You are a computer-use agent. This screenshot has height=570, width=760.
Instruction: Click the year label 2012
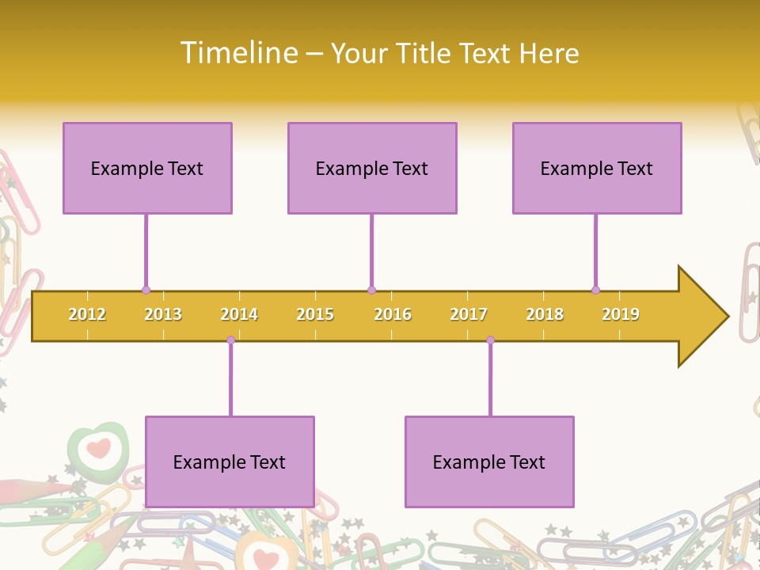87,314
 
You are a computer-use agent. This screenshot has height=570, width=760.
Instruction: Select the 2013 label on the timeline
163,314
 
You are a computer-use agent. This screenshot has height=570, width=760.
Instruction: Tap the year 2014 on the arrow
239,314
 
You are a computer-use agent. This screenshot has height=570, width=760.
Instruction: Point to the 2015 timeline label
315,314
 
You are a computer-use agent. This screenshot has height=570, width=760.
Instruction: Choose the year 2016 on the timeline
393,314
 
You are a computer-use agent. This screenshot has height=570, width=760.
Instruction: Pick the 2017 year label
469,314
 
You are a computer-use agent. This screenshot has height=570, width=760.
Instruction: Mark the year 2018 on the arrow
545,314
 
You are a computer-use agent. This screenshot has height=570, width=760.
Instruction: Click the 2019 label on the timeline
621,314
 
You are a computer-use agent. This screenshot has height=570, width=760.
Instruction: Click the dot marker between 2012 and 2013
146,290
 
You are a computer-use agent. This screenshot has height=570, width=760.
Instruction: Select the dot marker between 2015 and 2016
371,290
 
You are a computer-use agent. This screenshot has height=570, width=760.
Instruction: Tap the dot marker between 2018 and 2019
595,290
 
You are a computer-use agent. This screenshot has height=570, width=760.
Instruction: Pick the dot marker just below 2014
230,340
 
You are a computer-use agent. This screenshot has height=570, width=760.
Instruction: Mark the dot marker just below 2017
490,340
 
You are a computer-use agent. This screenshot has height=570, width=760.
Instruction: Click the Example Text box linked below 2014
230,462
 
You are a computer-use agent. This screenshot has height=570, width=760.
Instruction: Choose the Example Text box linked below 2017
489,462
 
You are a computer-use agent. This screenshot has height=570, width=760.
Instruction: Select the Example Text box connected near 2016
372,168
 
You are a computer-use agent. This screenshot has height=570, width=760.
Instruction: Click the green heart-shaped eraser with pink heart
97,449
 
